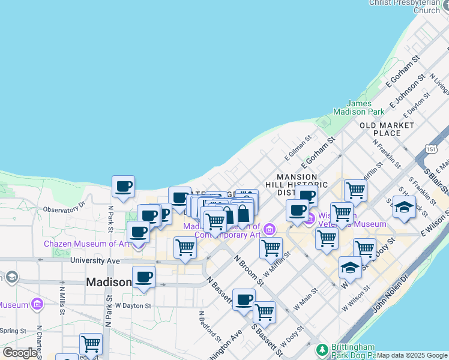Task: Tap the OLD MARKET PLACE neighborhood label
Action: (387, 128)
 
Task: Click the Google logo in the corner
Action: (20, 353)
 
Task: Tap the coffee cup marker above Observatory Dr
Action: (123, 187)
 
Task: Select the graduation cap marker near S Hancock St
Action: (405, 207)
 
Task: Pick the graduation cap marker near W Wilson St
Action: (350, 268)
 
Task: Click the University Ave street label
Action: (92, 261)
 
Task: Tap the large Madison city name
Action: (109, 282)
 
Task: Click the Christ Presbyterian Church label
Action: (405, 6)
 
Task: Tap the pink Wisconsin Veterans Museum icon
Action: (309, 220)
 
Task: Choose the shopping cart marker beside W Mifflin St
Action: (271, 247)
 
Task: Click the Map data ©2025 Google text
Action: (411, 355)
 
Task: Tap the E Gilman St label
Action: (298, 147)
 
